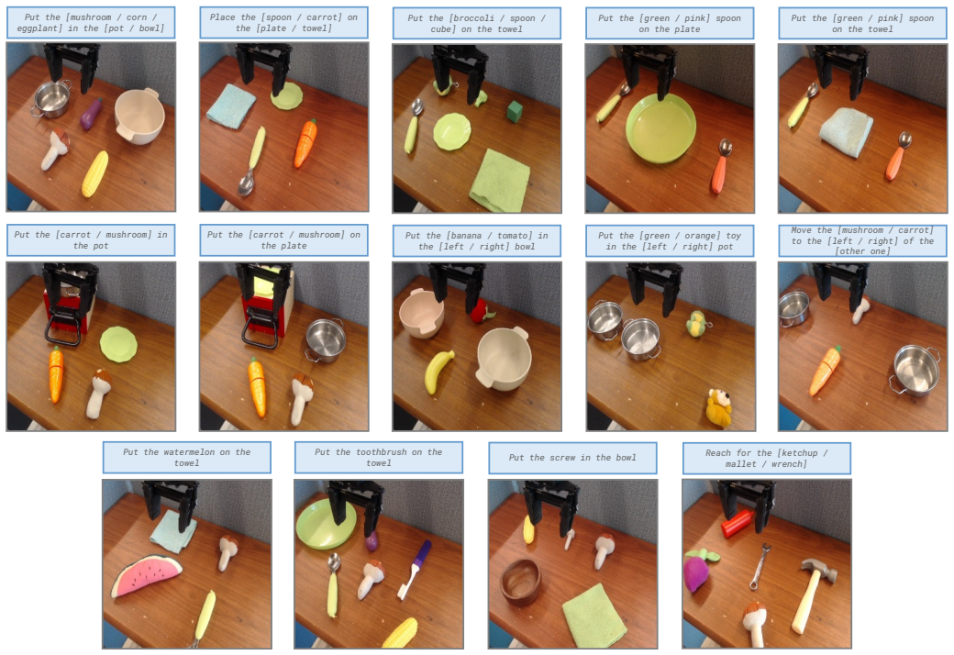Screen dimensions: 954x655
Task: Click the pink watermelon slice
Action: click(147, 575)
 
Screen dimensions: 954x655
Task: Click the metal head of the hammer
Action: click(819, 569)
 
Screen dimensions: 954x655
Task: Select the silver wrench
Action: click(760, 566)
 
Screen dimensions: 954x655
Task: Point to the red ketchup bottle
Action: click(738, 524)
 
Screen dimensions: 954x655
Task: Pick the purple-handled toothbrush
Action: click(415, 569)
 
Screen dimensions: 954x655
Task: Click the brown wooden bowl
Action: click(521, 582)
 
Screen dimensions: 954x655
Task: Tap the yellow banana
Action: click(438, 371)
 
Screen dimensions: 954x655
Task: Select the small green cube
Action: click(515, 111)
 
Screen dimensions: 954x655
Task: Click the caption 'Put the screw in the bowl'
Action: click(572, 458)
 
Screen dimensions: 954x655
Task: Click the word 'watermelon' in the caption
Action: click(189, 452)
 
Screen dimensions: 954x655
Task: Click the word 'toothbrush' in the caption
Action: click(382, 452)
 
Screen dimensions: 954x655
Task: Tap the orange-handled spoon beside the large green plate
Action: click(720, 165)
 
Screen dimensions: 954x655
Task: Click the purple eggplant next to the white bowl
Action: click(91, 114)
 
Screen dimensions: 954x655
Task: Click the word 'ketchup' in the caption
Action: click(798, 453)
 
